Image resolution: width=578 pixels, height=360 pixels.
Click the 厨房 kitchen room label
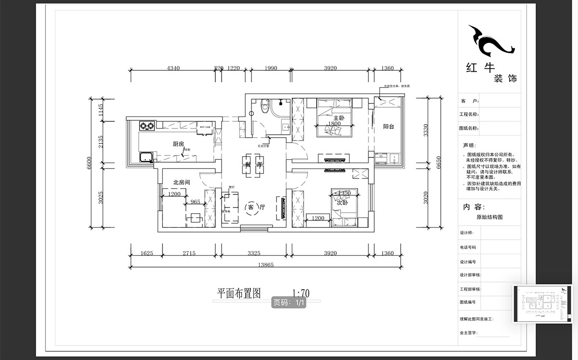(x=179, y=143)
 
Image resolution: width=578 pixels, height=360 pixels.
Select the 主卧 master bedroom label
(x=339, y=117)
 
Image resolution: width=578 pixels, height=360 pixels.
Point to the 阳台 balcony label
(x=388, y=127)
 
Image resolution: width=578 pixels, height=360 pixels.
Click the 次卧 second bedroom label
(x=342, y=202)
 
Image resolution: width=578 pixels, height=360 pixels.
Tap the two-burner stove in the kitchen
(x=147, y=127)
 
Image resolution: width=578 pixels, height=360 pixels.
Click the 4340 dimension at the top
(x=173, y=68)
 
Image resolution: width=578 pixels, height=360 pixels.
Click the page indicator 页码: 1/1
(x=289, y=303)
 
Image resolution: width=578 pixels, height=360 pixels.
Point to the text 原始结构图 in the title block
(x=489, y=217)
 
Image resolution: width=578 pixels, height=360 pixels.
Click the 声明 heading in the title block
(x=469, y=145)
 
